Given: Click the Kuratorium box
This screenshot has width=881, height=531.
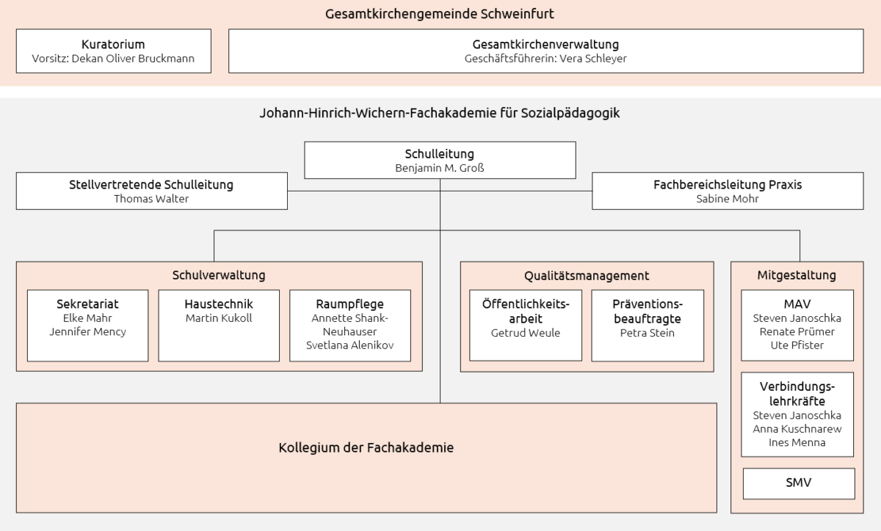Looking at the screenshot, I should click(x=113, y=51).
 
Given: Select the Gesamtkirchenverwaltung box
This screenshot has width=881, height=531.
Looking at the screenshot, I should click(x=545, y=51).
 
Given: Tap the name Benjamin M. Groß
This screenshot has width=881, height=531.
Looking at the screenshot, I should click(x=440, y=168).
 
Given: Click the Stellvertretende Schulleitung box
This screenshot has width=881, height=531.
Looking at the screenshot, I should click(x=151, y=191).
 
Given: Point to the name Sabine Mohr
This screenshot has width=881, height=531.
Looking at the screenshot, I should click(x=728, y=199).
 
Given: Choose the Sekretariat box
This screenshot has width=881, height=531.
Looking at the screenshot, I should click(x=87, y=325).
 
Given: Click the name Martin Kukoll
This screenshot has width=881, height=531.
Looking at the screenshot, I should click(x=219, y=318).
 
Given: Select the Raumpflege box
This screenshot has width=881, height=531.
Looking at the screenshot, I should click(x=350, y=325).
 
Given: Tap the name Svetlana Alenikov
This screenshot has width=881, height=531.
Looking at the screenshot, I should click(x=350, y=345).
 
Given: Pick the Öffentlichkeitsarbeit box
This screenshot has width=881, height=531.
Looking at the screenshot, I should click(x=526, y=325).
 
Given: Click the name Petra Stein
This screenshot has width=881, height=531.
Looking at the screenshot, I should click(x=648, y=333).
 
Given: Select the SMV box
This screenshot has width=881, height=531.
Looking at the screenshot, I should click(x=799, y=483).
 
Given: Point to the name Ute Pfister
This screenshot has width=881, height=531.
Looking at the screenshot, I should click(x=797, y=345).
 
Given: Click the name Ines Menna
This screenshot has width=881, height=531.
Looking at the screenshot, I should click(x=797, y=442).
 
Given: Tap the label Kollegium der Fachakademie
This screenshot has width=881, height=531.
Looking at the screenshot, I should click(x=366, y=447).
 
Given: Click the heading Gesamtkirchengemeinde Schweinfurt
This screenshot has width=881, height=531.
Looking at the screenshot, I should click(x=440, y=14).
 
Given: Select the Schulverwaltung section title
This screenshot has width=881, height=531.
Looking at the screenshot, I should click(x=219, y=276).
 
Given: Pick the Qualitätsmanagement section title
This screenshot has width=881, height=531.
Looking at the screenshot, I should click(x=587, y=276).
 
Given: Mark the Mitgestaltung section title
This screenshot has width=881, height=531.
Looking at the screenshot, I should click(x=797, y=276).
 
